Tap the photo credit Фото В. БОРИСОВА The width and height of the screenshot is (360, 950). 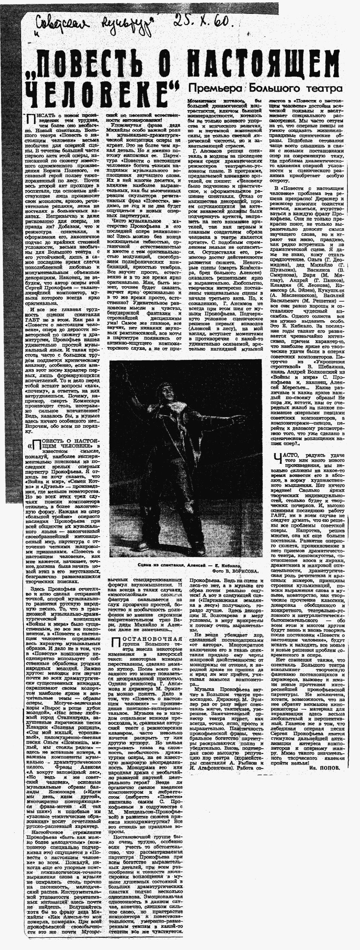(x=236, y=571)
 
